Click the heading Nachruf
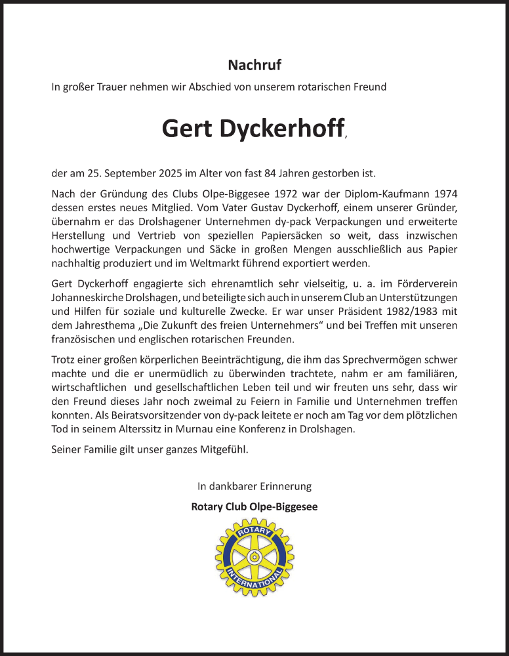(x=254, y=65)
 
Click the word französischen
(x=84, y=339)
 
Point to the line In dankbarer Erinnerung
(x=254, y=486)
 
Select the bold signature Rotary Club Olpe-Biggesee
(x=254, y=506)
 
